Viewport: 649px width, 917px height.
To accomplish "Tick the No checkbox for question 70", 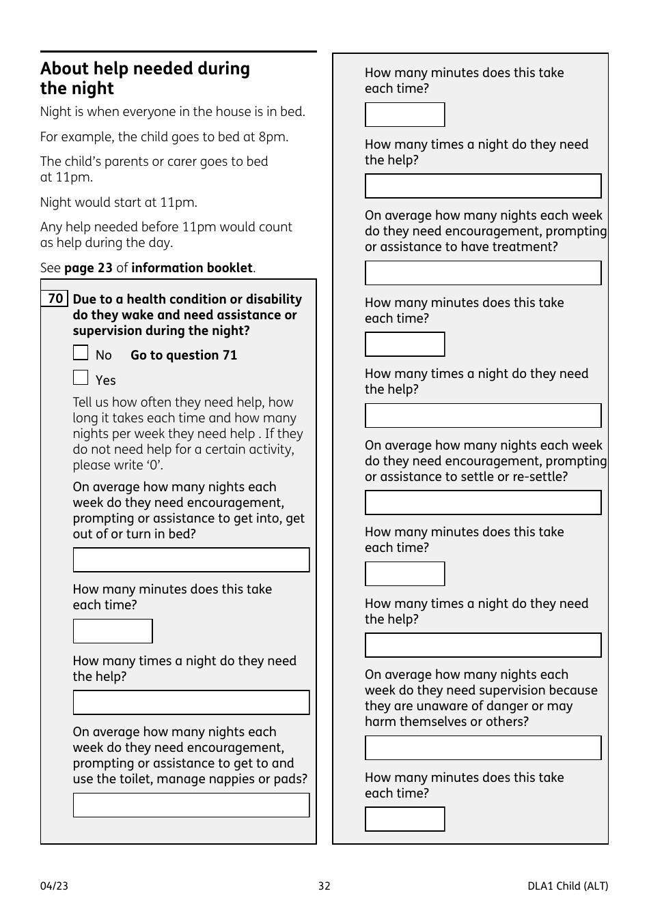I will coord(81,353).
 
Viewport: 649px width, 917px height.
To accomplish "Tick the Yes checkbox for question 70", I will coord(81,378).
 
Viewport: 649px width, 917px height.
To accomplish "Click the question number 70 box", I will coord(55,299).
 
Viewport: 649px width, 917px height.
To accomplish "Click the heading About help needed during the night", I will coord(145,78).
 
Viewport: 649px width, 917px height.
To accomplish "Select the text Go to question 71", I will coord(184,355).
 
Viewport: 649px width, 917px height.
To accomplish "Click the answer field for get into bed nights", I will coord(191,560).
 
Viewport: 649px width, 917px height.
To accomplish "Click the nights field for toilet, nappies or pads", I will coord(191,805).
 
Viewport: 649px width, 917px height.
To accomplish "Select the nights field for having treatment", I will coord(483,273).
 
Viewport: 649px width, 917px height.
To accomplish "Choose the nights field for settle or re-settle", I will coord(483,503).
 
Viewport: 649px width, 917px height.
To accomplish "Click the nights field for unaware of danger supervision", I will coord(483,748).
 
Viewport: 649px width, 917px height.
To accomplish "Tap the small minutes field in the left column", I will coord(113,631).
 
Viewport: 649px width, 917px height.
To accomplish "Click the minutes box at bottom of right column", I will coord(404,819).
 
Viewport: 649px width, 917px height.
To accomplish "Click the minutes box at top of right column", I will coord(404,115).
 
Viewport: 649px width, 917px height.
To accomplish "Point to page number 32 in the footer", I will coord(324,886).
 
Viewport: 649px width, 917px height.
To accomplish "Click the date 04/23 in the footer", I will coord(54,886).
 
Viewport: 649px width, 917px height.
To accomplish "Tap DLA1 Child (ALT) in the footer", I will coord(567,886).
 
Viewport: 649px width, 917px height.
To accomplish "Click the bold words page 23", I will coord(88,268).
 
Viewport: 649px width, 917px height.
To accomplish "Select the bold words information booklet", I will coord(192,268).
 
